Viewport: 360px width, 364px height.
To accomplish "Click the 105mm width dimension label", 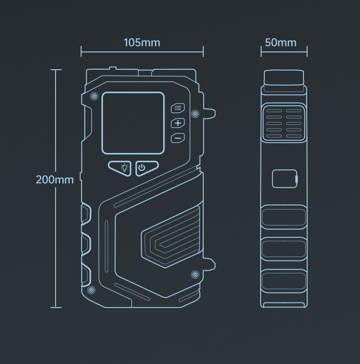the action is pos(142,43).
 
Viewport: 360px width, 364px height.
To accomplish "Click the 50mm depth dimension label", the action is pos(281,43).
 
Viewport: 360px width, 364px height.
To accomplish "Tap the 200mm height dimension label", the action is pos(55,179).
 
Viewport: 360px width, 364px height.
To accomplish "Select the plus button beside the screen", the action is pos(178,123).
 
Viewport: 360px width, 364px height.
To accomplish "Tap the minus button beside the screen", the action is pos(178,138).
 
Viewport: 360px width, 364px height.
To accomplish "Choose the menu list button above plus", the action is pos(178,108).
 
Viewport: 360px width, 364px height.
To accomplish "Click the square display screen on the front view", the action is pos(133,123).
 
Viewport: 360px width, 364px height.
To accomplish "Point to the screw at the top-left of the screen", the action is pos(94,96).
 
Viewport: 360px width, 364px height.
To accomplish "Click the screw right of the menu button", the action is pos(195,113).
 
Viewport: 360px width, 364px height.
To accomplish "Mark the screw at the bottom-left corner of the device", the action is pos(91,290).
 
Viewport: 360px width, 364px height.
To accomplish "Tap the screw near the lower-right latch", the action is pos(195,274).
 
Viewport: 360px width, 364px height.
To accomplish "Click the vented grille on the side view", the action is pos(284,123).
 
